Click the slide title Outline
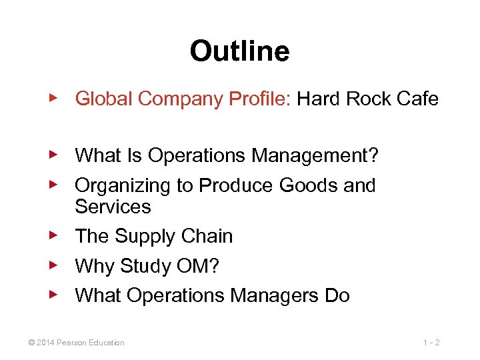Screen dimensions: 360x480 tap(239, 51)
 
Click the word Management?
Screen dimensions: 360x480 tap(315, 156)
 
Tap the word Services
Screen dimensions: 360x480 tap(113, 207)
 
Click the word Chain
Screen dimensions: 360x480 tap(207, 237)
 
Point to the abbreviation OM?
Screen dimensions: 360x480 tap(199, 266)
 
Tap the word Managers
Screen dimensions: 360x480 tap(273, 295)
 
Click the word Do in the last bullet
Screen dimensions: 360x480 tap(337, 295)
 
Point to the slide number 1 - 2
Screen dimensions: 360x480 tap(431, 343)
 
